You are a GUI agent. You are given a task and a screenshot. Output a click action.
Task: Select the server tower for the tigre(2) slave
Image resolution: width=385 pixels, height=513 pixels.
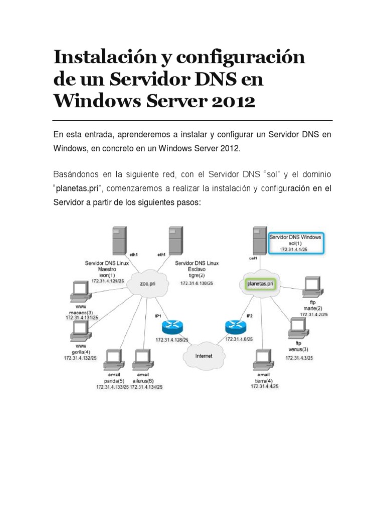pyautogui.click(x=174, y=240)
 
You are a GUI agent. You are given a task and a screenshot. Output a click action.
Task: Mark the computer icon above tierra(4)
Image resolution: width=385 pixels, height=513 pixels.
pyautogui.click(x=264, y=359)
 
